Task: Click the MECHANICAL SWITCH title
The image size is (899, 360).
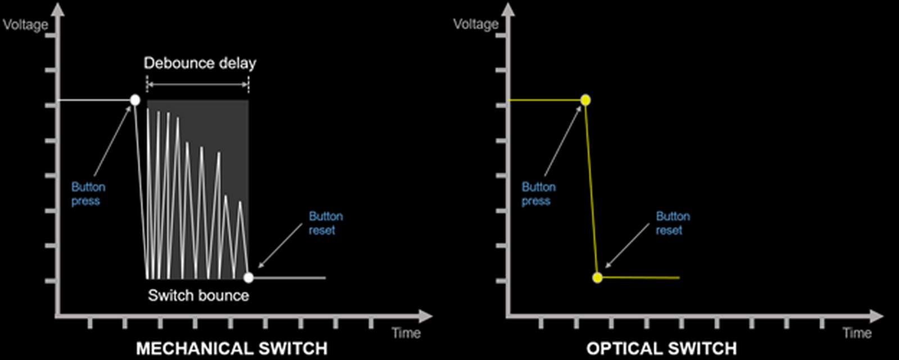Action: pyautogui.click(x=232, y=348)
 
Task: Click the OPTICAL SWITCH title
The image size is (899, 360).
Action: pyautogui.click(x=661, y=348)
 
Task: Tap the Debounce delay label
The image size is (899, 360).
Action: pyautogui.click(x=200, y=63)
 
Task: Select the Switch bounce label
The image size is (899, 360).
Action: pyautogui.click(x=199, y=295)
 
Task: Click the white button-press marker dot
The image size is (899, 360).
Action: pyautogui.click(x=135, y=100)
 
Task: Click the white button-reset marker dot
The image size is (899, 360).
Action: pyautogui.click(x=248, y=277)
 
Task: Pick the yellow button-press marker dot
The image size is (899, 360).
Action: pyautogui.click(x=585, y=100)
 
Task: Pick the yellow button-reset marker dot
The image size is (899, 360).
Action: pyautogui.click(x=598, y=277)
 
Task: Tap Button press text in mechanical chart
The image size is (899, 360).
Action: pyautogui.click(x=88, y=194)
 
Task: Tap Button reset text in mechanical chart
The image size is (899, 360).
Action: pyautogui.click(x=326, y=223)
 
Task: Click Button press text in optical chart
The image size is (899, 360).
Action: pyautogui.click(x=539, y=194)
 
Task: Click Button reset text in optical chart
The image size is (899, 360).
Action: pyautogui.click(x=673, y=223)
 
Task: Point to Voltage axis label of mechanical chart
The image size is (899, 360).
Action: pyautogui.click(x=25, y=25)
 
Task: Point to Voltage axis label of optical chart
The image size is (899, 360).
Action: pyautogui.click(x=476, y=24)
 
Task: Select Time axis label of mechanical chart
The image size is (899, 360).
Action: pyautogui.click(x=406, y=332)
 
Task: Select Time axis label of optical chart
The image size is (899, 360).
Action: pyautogui.click(x=857, y=332)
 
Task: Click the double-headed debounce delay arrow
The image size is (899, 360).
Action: pyautogui.click(x=198, y=85)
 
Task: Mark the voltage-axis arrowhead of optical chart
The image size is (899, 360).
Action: pyautogui.click(x=508, y=10)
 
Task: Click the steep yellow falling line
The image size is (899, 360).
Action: pyautogui.click(x=592, y=189)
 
